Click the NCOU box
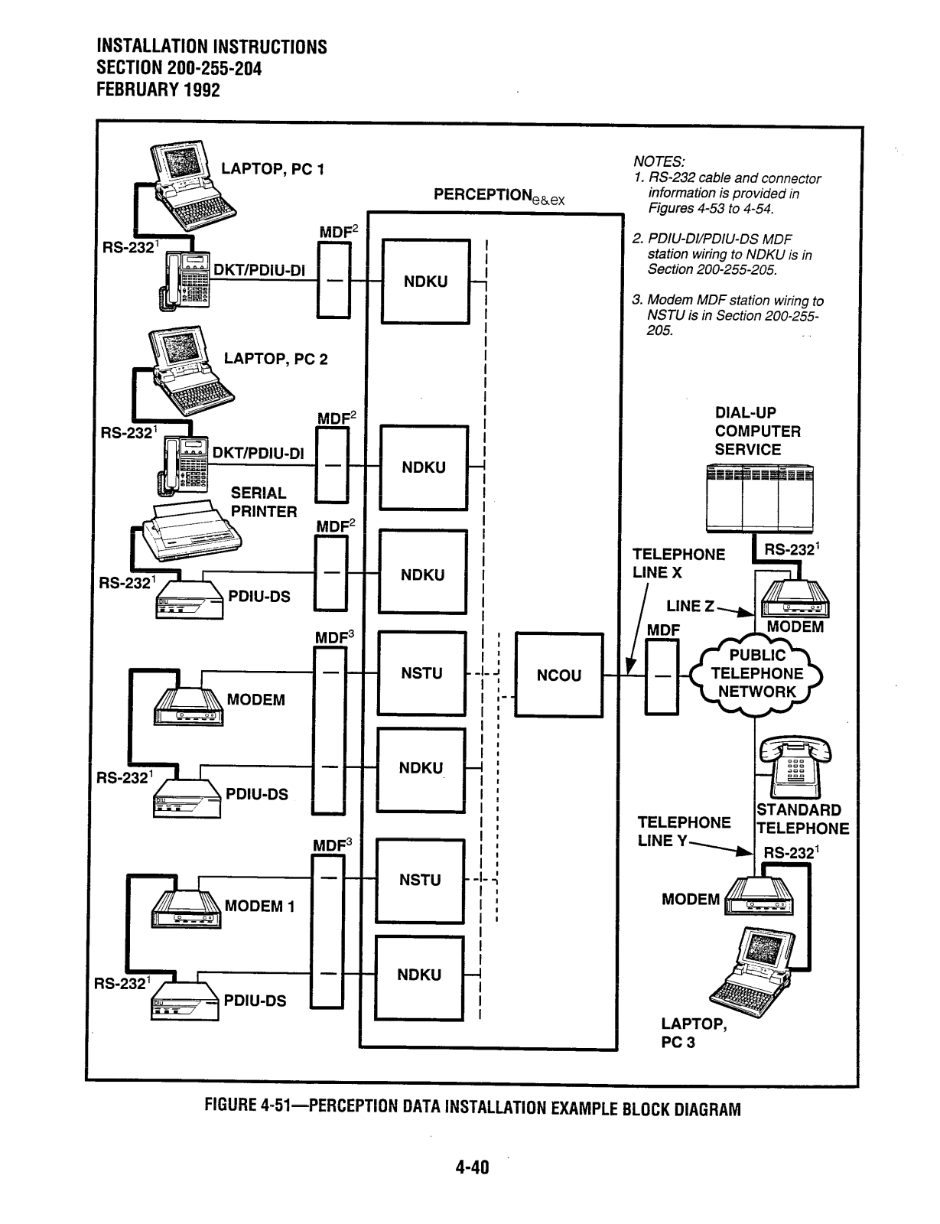pyautogui.click(x=558, y=675)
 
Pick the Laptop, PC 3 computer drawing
pyautogui.click(x=753, y=971)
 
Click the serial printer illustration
pyautogui.click(x=192, y=531)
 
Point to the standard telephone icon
pyautogui.click(x=795, y=767)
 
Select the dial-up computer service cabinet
pyautogui.click(x=759, y=498)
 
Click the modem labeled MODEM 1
pyautogui.click(x=186, y=909)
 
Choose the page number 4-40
pyautogui.click(x=472, y=1167)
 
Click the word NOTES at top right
pyautogui.click(x=659, y=161)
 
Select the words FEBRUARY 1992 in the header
pyautogui.click(x=158, y=90)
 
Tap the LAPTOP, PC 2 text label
pyautogui.click(x=275, y=359)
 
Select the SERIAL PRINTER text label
pyautogui.click(x=264, y=503)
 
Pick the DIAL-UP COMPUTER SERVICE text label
pyautogui.click(x=757, y=431)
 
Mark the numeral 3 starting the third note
pyautogui.click(x=636, y=300)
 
